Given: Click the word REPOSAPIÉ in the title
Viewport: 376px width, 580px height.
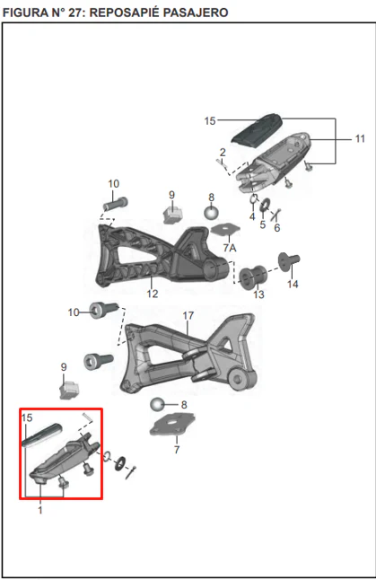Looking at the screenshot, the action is pyautogui.click(x=125, y=13).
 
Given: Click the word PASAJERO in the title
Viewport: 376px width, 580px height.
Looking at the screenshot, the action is pyautogui.click(x=196, y=13).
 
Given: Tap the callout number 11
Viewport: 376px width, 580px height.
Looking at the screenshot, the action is pyautogui.click(x=360, y=138).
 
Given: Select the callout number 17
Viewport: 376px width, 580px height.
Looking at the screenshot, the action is pyautogui.click(x=188, y=315).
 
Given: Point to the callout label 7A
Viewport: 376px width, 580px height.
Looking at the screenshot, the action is pyautogui.click(x=230, y=248).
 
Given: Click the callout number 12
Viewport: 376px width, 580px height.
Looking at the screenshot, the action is pyautogui.click(x=153, y=294).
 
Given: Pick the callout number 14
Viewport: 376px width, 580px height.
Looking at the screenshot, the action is pyautogui.click(x=293, y=284).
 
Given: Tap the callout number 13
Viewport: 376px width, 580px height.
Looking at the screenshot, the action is pyautogui.click(x=258, y=294).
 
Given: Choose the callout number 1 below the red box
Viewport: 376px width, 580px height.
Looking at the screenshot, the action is pyautogui.click(x=40, y=510).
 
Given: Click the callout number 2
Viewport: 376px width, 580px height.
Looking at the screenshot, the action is pyautogui.click(x=223, y=152).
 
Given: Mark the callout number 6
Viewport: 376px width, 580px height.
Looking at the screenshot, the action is pyautogui.click(x=277, y=228).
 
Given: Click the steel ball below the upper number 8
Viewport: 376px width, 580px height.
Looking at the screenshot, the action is pyautogui.click(x=211, y=212).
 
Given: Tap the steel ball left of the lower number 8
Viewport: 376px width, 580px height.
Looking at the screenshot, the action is pyautogui.click(x=158, y=404).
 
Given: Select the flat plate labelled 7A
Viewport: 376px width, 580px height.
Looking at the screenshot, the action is pyautogui.click(x=225, y=229).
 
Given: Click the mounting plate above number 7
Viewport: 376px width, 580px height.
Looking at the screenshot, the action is pyautogui.click(x=172, y=426).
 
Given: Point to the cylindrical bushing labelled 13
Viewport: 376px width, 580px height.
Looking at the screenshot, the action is pyautogui.click(x=253, y=277).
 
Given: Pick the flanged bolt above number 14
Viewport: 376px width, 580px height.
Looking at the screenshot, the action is pyautogui.click(x=289, y=261).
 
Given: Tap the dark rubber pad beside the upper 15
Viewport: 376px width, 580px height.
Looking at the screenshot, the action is pyautogui.click(x=257, y=128).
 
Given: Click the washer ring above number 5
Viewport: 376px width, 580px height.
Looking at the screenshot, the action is pyautogui.click(x=265, y=205).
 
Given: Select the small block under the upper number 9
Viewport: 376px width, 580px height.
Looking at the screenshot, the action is pyautogui.click(x=172, y=215).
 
